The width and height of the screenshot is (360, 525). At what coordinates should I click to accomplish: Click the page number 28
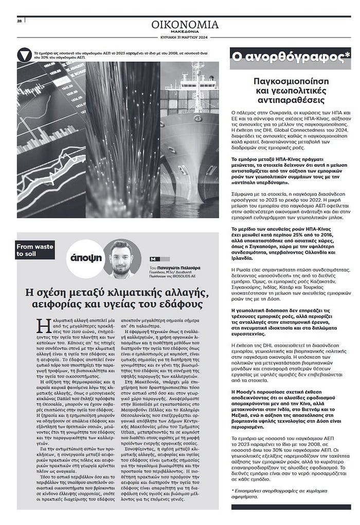coord(19,22)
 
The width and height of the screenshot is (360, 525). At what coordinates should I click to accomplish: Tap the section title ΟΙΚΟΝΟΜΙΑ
coord(185,25)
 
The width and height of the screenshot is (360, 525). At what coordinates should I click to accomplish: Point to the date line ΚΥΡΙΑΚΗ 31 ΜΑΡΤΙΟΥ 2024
coord(185,38)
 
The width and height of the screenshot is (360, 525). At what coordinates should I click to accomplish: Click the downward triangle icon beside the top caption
coord(24,54)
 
